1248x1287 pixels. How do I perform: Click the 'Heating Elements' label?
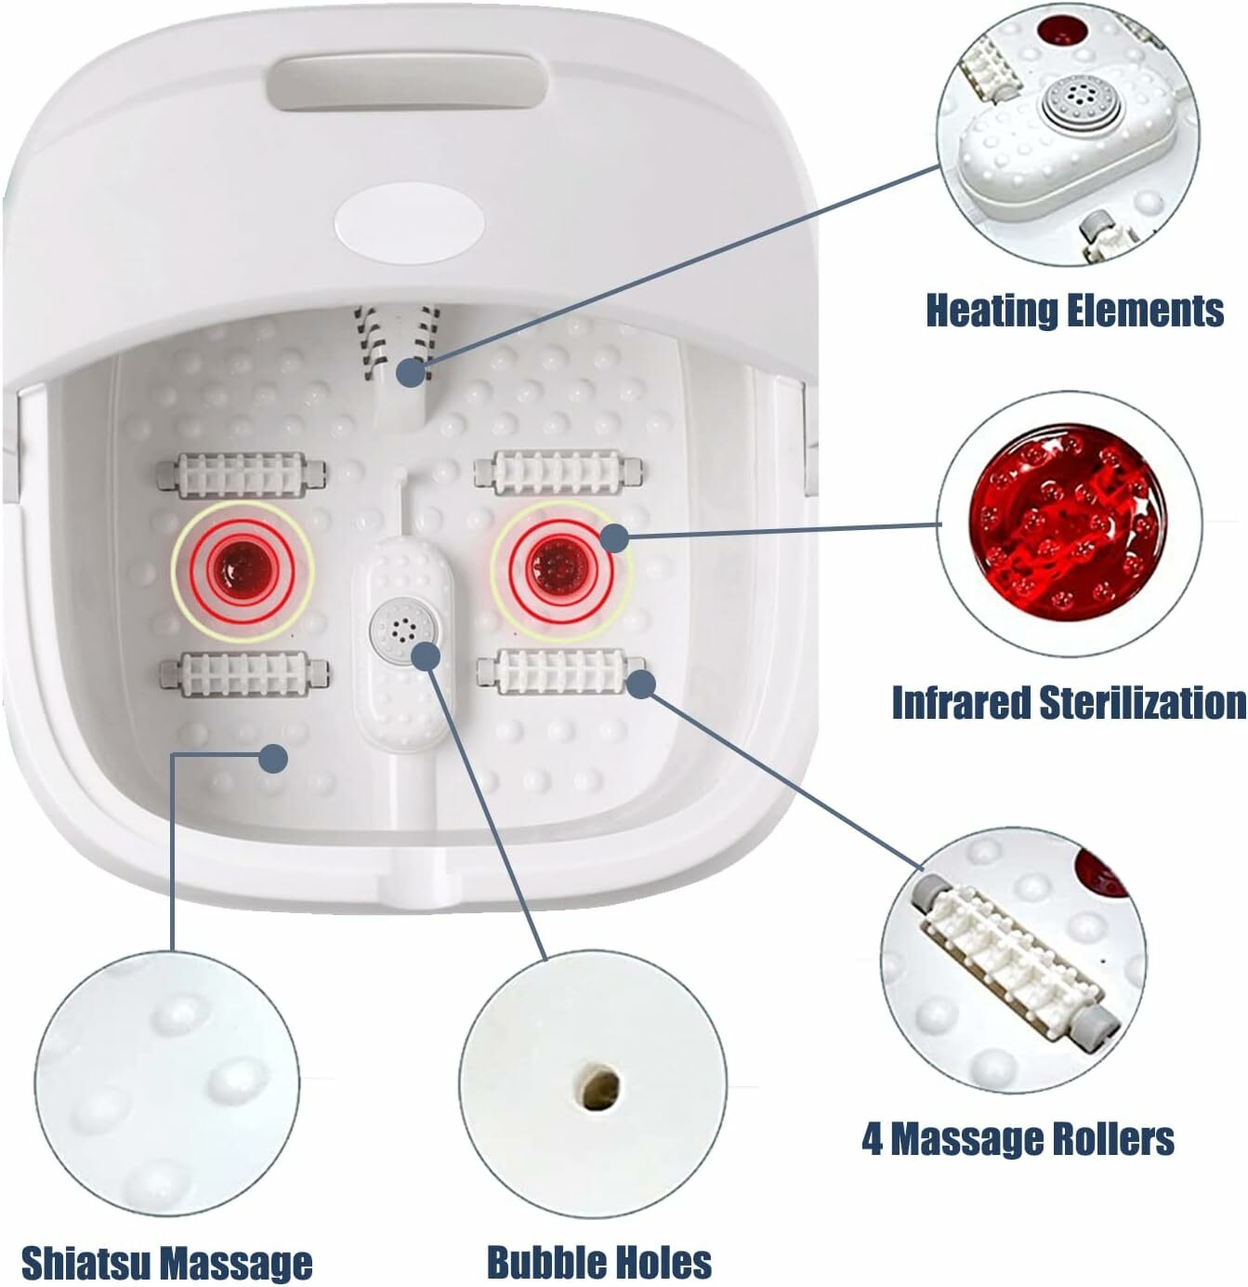point(1074,310)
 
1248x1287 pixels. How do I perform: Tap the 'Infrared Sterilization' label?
point(1069,702)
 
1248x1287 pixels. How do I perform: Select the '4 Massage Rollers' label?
point(1018,1139)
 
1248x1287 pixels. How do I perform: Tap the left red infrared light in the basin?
point(242,570)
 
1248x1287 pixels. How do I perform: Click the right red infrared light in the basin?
point(560,569)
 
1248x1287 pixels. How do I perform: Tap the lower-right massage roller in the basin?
point(561,672)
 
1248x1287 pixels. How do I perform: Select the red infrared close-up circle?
point(1069,523)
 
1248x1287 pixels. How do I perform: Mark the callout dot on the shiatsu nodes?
point(272,758)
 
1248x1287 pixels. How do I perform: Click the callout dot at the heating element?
point(413,372)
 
